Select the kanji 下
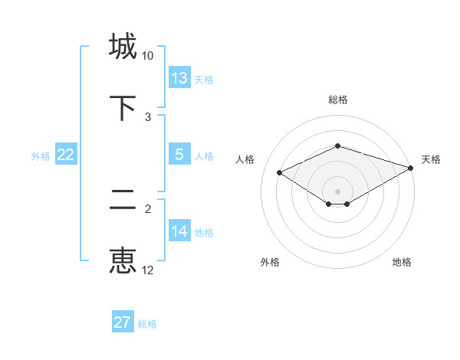click(123, 107)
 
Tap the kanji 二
click(123, 200)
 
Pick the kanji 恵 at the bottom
click(123, 260)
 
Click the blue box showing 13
click(179, 78)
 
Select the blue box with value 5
click(179, 155)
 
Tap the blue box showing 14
click(179, 231)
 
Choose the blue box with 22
click(66, 155)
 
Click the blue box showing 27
click(123, 322)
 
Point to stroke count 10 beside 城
click(148, 56)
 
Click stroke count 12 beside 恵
click(148, 270)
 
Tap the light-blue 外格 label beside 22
click(41, 155)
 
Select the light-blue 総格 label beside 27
click(147, 324)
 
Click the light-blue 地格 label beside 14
click(204, 232)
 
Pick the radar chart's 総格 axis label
click(337, 100)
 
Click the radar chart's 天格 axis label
click(431, 159)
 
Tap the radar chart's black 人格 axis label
click(245, 159)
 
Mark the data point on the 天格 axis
click(412, 167)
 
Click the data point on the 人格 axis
click(280, 172)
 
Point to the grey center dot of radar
click(337, 191)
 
